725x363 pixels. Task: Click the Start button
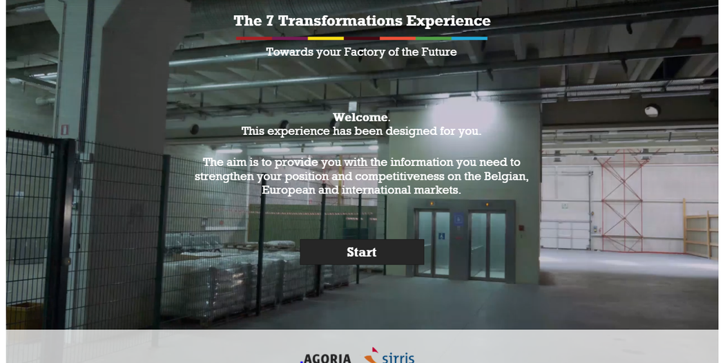click(362, 252)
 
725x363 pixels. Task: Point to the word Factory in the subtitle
click(364, 52)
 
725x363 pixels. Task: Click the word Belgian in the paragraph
click(506, 176)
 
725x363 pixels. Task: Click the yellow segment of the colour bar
click(326, 39)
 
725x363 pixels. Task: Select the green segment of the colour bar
click(433, 39)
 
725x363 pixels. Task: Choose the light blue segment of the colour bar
click(470, 39)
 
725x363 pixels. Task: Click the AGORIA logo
click(325, 358)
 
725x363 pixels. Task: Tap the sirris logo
click(389, 355)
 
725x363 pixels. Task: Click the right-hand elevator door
click(487, 245)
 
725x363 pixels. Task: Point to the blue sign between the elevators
click(458, 219)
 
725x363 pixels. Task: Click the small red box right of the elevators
click(521, 227)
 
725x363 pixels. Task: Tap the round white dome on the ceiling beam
click(652, 111)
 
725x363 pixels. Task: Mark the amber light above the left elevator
click(432, 203)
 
